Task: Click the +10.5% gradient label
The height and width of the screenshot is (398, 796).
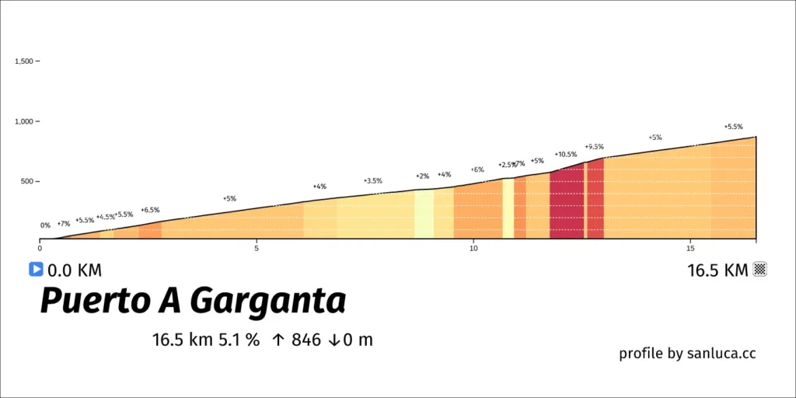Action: coord(566,155)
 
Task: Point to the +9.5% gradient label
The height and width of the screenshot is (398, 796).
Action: coord(595,147)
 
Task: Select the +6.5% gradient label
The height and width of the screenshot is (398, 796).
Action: coord(150,210)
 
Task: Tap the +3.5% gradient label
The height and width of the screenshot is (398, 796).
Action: coord(373,180)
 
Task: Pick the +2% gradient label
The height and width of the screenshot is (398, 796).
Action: coord(422,176)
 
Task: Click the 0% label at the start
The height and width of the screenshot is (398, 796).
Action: coord(46,225)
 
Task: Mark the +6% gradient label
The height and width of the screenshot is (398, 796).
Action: coord(477,169)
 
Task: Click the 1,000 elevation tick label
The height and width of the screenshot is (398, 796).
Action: coord(24,121)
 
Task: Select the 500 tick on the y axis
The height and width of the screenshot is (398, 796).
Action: coord(27,181)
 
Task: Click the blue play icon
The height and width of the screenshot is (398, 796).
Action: coord(36,269)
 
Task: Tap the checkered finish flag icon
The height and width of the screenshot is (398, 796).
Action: coord(760,269)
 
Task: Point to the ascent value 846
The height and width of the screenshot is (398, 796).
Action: coord(306,340)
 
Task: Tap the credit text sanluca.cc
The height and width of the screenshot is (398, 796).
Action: coord(721,354)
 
